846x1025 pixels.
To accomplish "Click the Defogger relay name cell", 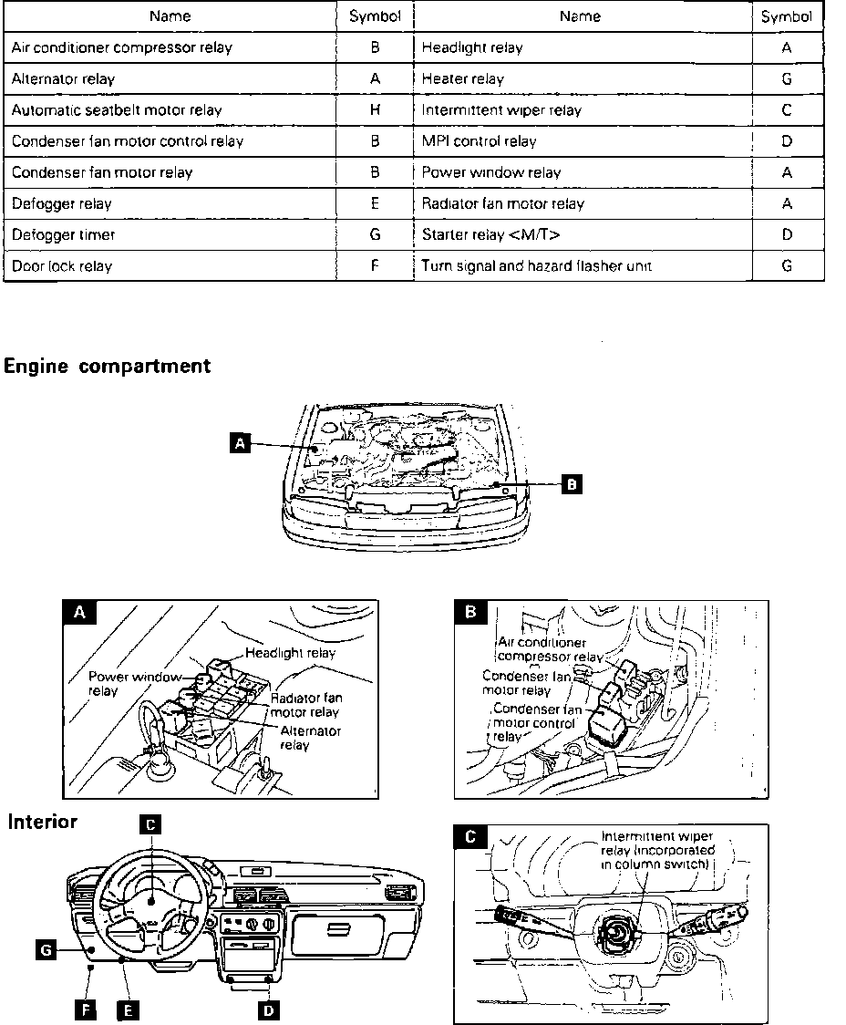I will (62, 204).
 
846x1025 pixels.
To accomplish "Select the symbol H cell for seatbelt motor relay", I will (375, 110).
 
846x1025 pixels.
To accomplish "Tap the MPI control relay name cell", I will (479, 141).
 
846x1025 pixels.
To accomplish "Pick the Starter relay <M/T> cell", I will (490, 235).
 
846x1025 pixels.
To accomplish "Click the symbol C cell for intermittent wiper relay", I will (787, 110).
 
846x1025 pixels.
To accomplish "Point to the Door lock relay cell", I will (62, 266).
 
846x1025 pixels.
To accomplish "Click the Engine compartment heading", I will (108, 367).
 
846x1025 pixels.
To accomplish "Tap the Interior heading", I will (43, 822).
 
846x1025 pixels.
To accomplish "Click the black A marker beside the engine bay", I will (240, 443).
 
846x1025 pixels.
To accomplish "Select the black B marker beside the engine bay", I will (571, 484).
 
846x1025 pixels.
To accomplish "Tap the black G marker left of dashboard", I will (45, 950).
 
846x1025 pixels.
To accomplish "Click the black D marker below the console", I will (269, 1009).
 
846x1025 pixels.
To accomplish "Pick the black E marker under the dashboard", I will (128, 1009).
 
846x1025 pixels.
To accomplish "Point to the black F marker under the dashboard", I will (86, 1009).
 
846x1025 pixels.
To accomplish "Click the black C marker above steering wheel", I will (152, 824).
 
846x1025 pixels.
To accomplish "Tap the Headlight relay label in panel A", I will (290, 653).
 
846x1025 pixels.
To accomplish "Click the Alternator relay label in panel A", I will (310, 738).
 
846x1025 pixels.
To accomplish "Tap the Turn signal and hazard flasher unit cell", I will (536, 266).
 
